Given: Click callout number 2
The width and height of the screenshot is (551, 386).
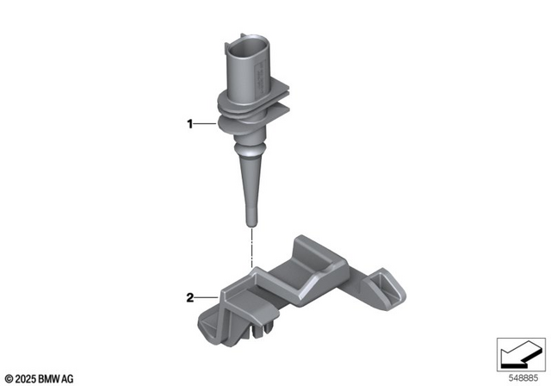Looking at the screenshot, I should pyautogui.click(x=190, y=299).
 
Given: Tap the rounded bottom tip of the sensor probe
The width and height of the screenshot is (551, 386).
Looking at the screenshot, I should pyautogui.click(x=251, y=223).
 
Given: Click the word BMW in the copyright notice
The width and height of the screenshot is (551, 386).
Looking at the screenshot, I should pyautogui.click(x=51, y=377).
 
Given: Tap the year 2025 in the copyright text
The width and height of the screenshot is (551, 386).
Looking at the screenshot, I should pyautogui.click(x=26, y=377).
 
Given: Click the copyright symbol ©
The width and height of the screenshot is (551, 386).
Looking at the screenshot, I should pyautogui.click(x=8, y=377).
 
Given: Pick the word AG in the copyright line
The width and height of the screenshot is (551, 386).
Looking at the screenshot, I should pyautogui.click(x=68, y=377).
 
